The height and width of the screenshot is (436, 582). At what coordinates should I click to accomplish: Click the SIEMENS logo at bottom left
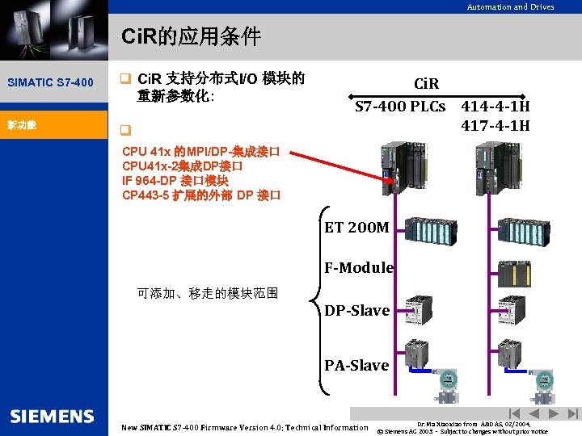pos(52,416)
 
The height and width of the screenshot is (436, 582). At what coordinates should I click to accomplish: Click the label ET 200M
pos(356,228)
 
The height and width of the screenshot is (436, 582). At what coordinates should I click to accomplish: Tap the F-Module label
pos(359,267)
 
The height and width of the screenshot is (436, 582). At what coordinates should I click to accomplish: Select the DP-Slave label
pos(356,311)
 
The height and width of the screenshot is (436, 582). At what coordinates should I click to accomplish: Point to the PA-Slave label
pos(356,366)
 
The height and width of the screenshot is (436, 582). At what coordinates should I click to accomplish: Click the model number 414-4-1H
pos(496,107)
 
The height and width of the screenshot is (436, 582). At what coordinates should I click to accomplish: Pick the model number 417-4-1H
pos(496,125)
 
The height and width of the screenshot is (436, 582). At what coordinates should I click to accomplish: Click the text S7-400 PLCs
pos(400,107)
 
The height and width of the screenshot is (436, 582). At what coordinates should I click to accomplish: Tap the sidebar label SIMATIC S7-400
pos(50,82)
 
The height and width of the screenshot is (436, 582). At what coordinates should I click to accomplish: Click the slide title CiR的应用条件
pos(191,37)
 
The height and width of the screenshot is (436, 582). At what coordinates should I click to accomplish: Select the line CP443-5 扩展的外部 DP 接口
pos(201,195)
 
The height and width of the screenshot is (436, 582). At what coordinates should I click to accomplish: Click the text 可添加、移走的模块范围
pos(209,293)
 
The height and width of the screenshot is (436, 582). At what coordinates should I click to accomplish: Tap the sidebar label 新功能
pos(23,125)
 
